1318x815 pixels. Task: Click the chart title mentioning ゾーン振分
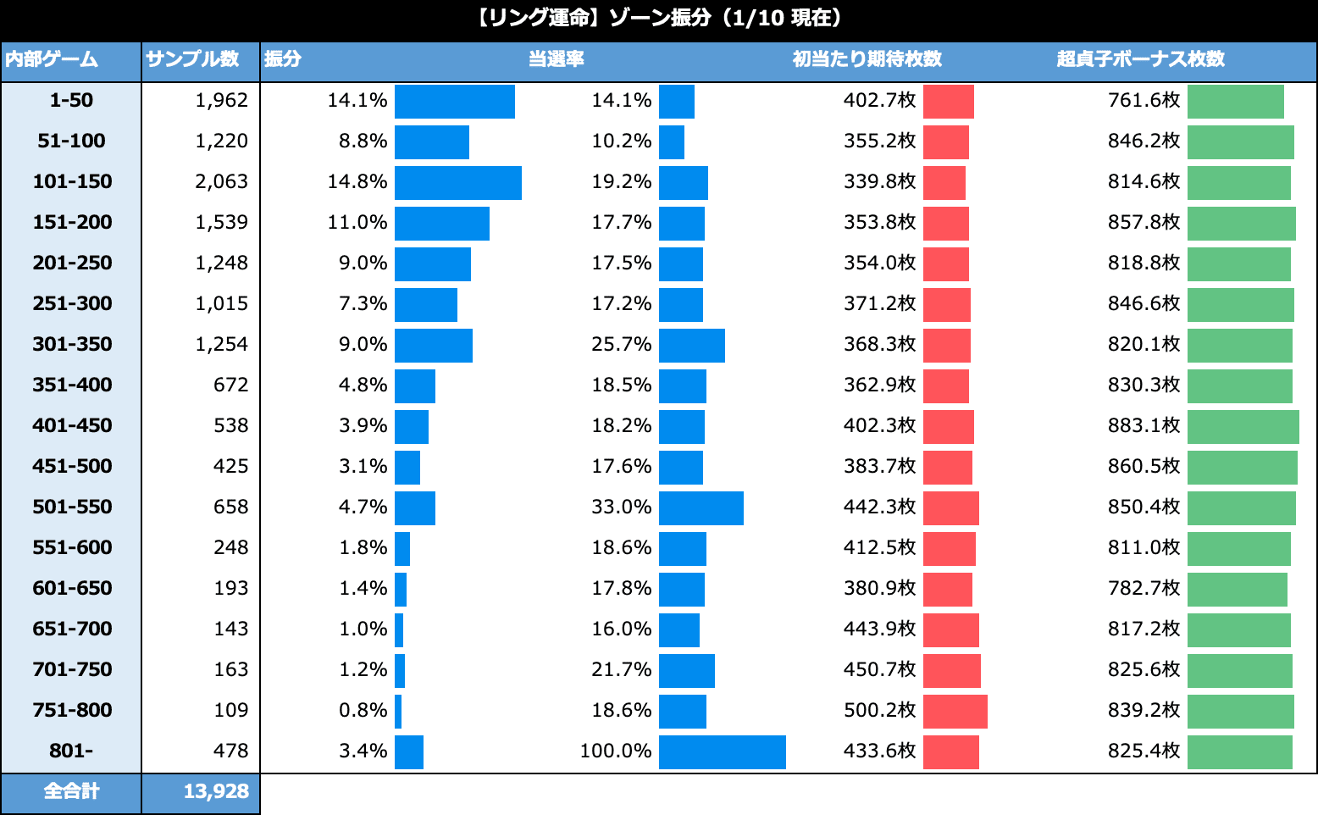[x=658, y=19]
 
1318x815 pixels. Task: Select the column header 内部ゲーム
[x=52, y=60]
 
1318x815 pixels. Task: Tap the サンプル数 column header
[x=192, y=60]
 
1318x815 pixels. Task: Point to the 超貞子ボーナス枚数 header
[x=1141, y=60]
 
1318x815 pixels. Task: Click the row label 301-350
[x=72, y=344]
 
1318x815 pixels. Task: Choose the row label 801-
[x=72, y=751]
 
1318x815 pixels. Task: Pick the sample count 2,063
[x=221, y=181]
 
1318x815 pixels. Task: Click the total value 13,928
[x=216, y=791]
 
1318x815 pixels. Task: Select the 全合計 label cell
[x=72, y=791]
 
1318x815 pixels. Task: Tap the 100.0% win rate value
[x=616, y=751]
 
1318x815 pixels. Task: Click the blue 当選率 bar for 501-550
[x=701, y=507]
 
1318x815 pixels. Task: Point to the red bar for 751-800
[x=955, y=710]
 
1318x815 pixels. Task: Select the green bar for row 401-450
[x=1243, y=425]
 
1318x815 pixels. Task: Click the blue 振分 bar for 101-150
[x=457, y=181]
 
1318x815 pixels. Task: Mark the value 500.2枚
[x=879, y=710]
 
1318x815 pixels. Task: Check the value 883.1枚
[x=1144, y=425]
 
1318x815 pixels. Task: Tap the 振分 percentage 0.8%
[x=363, y=710]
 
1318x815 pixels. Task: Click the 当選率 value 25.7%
[x=621, y=344]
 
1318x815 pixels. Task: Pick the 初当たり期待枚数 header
[x=867, y=60]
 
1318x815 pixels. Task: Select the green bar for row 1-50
[x=1235, y=100]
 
